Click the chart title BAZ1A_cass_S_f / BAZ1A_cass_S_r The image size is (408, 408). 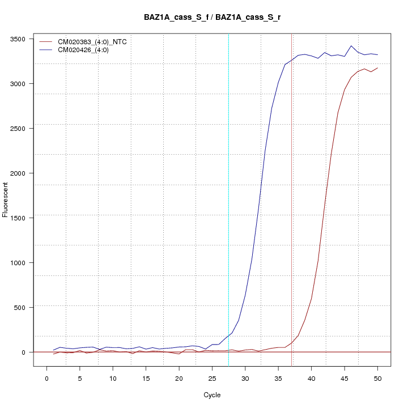coord(212,18)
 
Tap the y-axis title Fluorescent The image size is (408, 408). coord(6,199)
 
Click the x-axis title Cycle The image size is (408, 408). coord(212,395)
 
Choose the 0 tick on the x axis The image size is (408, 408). coord(46,377)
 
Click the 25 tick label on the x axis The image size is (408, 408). coord(212,377)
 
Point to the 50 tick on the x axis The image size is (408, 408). coord(377,377)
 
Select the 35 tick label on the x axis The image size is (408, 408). coord(278,377)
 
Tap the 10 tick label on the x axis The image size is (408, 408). coord(113,377)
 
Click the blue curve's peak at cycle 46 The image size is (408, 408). coord(351,46)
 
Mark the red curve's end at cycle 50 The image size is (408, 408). coord(377,68)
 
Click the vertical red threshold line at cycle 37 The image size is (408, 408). coord(292,198)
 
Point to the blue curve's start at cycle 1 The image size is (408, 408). coord(53,350)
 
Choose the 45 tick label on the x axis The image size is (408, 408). coord(345,377)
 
